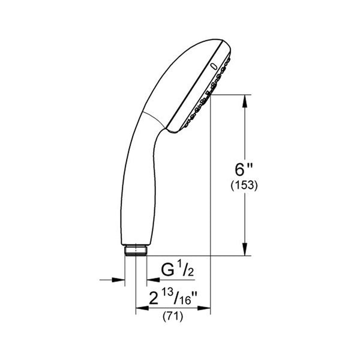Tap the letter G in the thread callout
(170, 271)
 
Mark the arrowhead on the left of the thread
(120, 279)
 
